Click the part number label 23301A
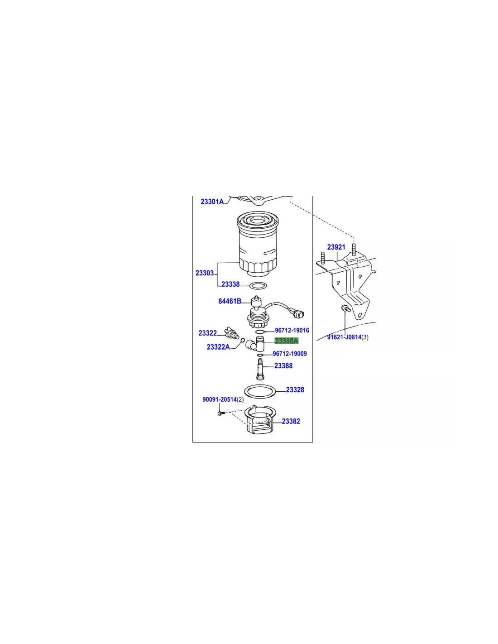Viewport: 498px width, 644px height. point(212,202)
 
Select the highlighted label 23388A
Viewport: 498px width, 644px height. point(286,341)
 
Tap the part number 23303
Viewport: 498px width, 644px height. point(205,273)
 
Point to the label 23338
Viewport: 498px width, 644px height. point(230,284)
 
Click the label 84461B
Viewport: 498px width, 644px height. point(230,301)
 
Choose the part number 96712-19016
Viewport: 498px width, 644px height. point(292,330)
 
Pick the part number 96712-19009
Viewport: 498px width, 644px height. point(290,354)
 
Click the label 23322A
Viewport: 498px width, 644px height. point(218,347)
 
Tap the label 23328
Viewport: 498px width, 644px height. point(295,390)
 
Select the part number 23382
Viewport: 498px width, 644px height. point(291,421)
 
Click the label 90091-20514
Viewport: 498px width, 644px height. point(220,399)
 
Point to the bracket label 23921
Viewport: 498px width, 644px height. point(336,247)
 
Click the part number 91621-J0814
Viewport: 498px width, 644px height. point(344,337)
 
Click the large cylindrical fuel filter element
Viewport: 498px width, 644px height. point(258,241)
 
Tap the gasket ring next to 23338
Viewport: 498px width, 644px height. point(258,286)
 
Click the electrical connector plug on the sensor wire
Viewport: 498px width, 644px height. point(298,313)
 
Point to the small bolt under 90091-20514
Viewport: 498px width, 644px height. point(221,413)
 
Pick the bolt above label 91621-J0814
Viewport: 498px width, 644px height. point(345,308)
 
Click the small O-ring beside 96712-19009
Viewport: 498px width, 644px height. point(260,355)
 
